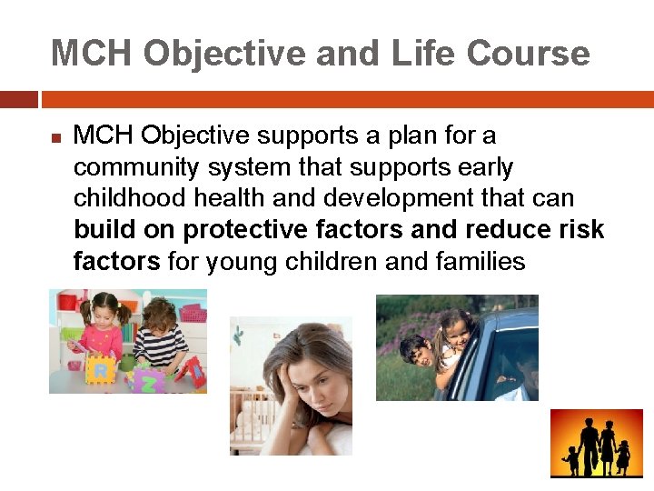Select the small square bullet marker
point(55,138)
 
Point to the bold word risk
point(581,230)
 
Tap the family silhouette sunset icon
point(595,443)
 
